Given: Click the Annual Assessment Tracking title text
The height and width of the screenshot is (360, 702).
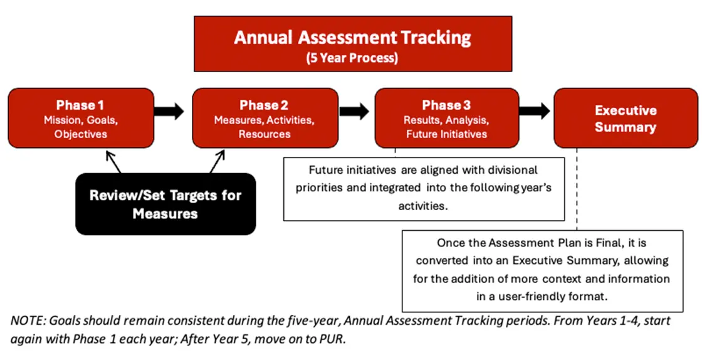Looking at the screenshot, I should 352,38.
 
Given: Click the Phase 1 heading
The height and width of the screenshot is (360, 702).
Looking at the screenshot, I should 80,105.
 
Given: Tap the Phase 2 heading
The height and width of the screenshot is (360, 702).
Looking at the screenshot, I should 264,105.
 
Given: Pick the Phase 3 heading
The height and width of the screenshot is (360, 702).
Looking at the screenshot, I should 446,105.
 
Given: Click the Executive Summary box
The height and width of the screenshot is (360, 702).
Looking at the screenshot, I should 625,118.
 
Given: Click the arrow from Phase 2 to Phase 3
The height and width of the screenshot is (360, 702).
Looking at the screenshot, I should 355,112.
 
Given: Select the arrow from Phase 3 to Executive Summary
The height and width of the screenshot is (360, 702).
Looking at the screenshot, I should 535,112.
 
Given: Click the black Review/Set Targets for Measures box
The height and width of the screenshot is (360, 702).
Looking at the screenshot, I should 165,204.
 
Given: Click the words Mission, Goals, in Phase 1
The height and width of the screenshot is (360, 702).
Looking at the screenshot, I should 80,120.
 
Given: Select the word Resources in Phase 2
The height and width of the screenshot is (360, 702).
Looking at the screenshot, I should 264,134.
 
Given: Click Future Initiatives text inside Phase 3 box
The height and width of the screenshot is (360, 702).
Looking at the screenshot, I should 446,134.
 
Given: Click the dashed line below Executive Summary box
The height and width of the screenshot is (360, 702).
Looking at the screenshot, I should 577,188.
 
